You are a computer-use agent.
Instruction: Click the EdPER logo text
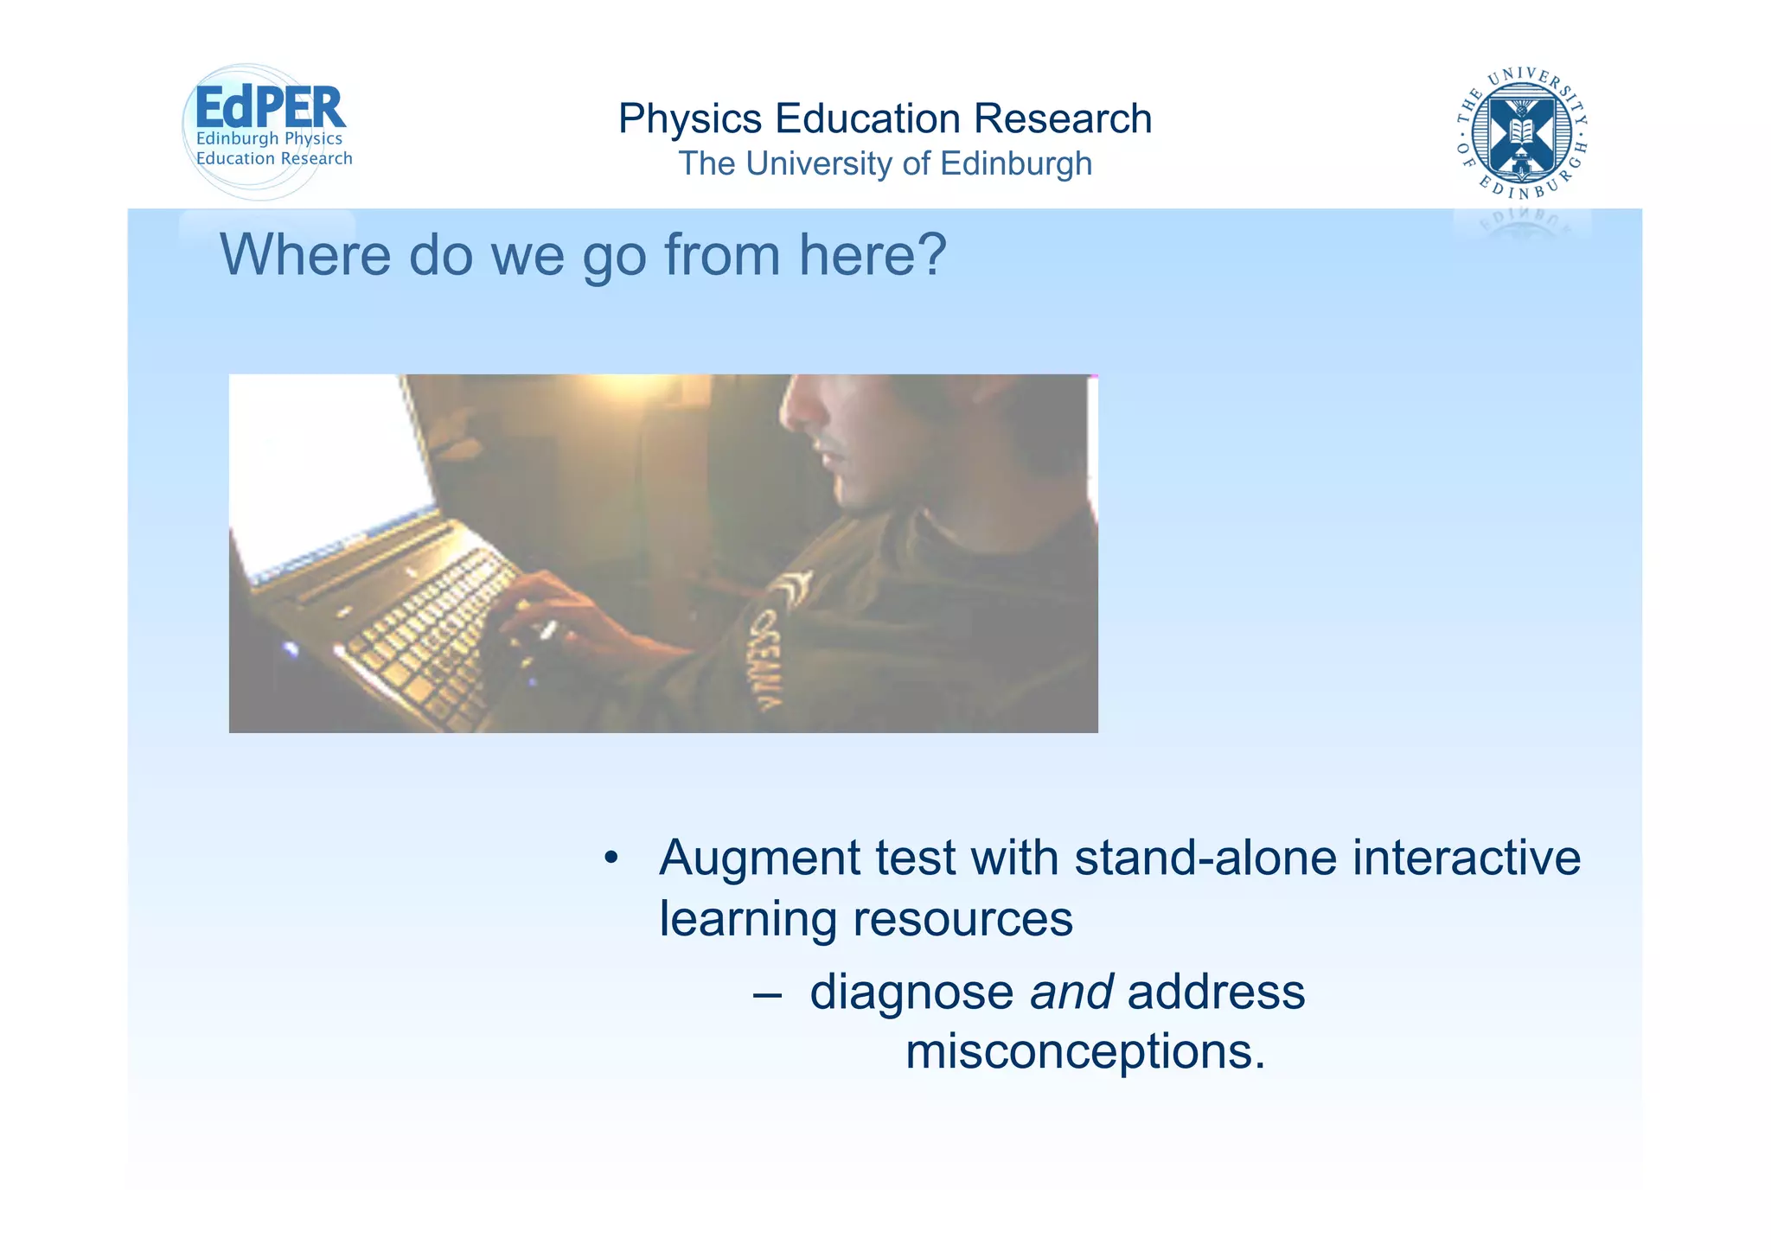click(x=270, y=109)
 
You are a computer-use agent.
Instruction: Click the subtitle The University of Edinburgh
click(x=885, y=163)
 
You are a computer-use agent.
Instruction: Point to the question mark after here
click(x=930, y=255)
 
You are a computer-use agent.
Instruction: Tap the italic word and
click(x=1071, y=993)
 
